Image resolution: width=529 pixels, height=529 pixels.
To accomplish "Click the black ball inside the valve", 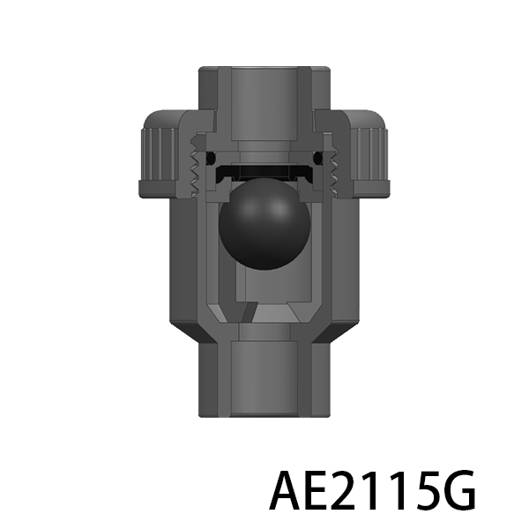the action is click(264, 224).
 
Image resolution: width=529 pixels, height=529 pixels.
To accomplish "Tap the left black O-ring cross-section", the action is click(211, 157).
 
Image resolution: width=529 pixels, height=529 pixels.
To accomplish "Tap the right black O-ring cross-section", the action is click(318, 157).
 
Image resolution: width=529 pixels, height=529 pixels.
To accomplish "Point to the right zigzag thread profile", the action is click(333, 166).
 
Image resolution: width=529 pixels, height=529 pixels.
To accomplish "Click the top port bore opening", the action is click(264, 104).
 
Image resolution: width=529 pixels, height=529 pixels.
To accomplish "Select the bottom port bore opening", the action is click(264, 378).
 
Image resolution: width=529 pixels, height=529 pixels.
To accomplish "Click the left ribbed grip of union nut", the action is click(159, 154).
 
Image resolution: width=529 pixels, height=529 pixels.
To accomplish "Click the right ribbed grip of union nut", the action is click(370, 154).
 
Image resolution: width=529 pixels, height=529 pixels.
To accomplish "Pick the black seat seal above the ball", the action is click(264, 173).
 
